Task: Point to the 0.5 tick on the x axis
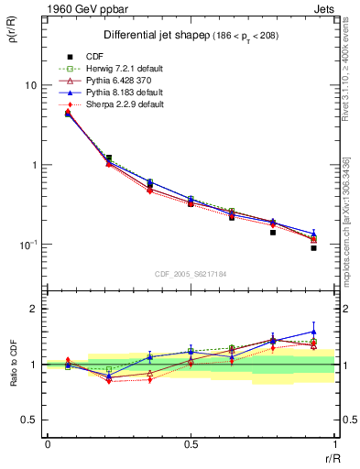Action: (191, 444)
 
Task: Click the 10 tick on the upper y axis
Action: (30, 85)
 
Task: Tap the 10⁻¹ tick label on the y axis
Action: (27, 245)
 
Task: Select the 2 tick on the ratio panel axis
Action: (33, 309)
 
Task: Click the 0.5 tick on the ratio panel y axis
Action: (29, 420)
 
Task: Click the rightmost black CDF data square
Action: (313, 247)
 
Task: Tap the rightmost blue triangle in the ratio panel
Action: (313, 332)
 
